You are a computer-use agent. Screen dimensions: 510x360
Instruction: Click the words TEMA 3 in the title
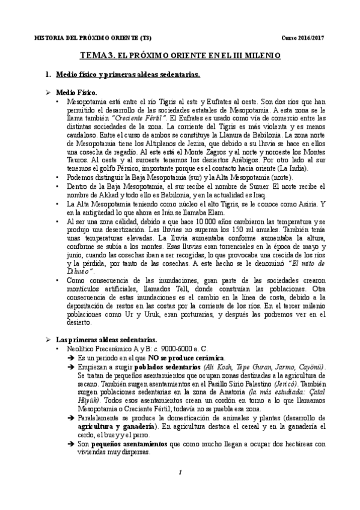[97, 56]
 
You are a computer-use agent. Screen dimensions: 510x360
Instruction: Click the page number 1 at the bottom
[180, 488]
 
